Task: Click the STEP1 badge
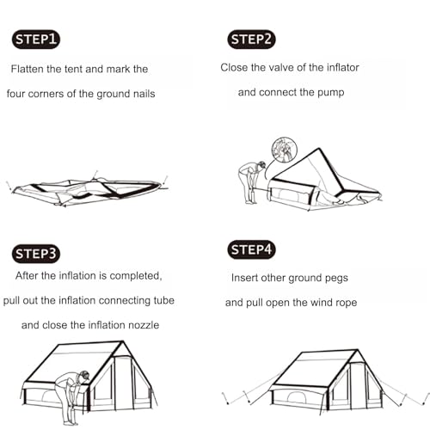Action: click(x=37, y=39)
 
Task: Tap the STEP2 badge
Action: click(x=252, y=39)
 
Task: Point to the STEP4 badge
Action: click(x=252, y=250)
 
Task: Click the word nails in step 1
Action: click(x=141, y=94)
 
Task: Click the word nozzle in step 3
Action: click(x=144, y=325)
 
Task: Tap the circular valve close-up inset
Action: click(x=284, y=149)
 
